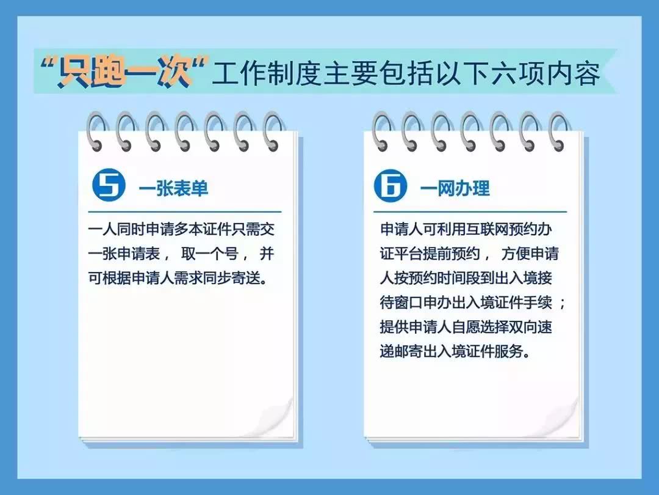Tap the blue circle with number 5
tap(109, 185)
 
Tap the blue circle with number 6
tap(391, 185)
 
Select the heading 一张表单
tap(173, 188)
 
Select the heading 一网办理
tap(455, 188)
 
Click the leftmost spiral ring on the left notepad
tap(95, 131)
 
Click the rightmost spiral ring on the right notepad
tap(558, 131)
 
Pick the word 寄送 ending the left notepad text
tap(245, 278)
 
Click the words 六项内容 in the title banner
tap(546, 74)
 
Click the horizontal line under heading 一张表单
tap(184, 211)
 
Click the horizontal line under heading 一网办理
tap(470, 211)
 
